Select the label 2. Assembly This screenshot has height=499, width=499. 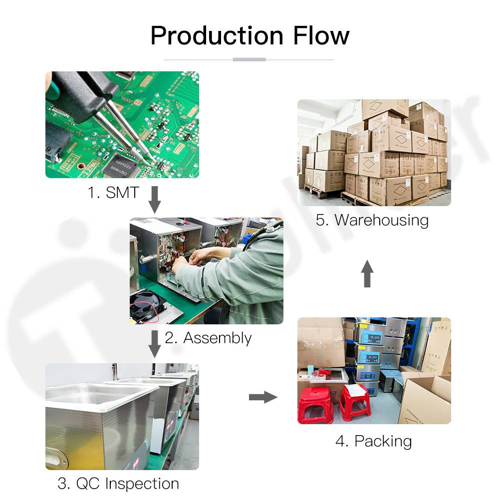click(x=208, y=338)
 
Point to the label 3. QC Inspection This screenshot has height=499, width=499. click(x=118, y=483)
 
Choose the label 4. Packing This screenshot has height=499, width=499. click(x=373, y=441)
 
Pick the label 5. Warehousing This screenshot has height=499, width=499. click(x=372, y=220)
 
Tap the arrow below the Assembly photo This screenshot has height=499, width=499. click(x=155, y=344)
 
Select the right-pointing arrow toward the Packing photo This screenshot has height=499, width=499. click(x=263, y=397)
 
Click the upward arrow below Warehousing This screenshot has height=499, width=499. click(x=367, y=273)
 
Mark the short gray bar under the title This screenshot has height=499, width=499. click(x=249, y=60)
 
